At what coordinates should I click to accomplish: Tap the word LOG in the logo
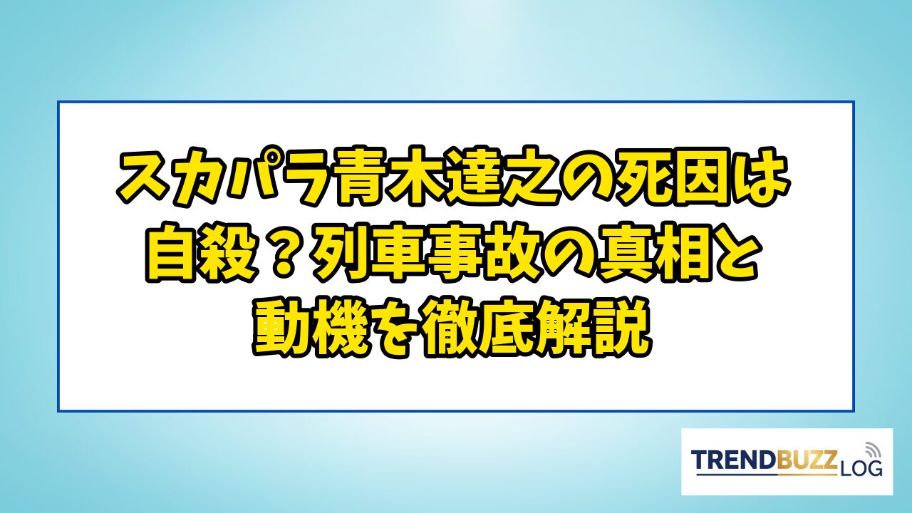coord(859,469)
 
